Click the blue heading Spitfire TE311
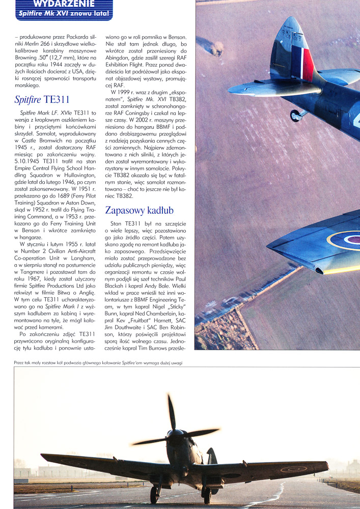tap(42, 99)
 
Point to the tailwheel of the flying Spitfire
tap(296, 115)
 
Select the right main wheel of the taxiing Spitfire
tap(207, 493)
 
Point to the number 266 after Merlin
tap(67, 44)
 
